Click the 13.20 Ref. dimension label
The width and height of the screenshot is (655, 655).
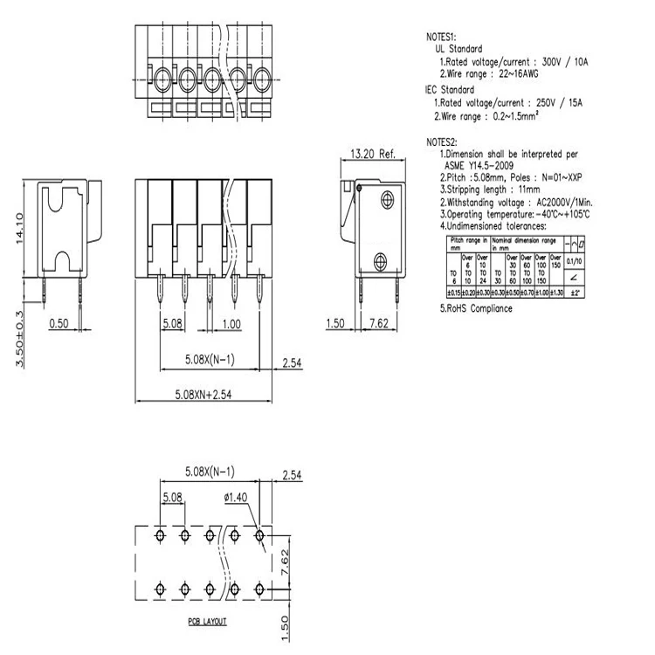pos(373,154)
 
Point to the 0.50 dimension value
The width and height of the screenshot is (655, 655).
pos(59,323)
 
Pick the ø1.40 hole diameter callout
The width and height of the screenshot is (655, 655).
pos(237,498)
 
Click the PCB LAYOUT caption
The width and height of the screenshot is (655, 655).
pos(206,621)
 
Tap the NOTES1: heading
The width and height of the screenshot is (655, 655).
pos(441,38)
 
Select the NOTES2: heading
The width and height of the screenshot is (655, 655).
pos(441,141)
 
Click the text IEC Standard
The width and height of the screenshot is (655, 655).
pos(450,90)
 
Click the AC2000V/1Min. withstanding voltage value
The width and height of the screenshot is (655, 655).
pos(558,201)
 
